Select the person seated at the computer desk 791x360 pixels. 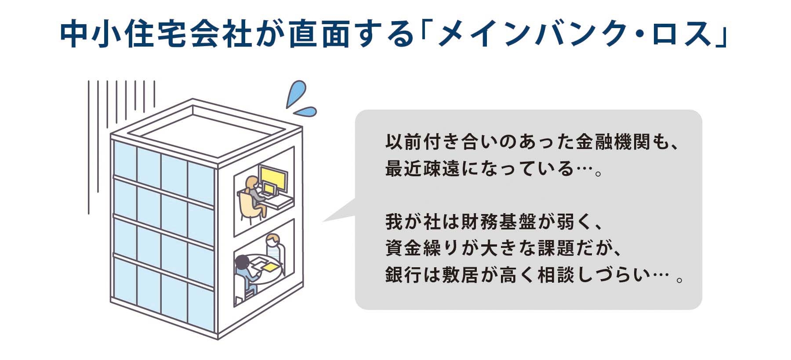tap(253, 198)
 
